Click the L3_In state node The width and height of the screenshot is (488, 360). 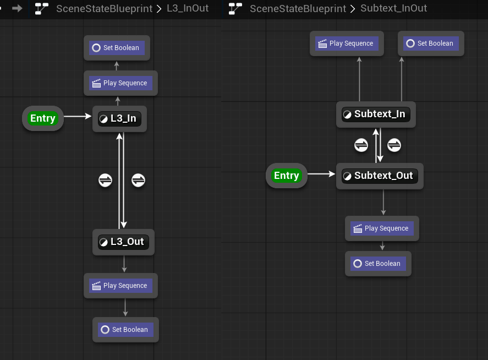(120, 118)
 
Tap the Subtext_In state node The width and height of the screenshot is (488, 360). (376, 114)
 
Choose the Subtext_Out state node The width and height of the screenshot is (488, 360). (380, 176)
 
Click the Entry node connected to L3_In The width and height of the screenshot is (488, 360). (43, 118)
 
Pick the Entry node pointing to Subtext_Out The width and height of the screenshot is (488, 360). (286, 176)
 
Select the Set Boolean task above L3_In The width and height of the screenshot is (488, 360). (117, 48)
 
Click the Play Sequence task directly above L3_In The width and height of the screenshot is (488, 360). (120, 83)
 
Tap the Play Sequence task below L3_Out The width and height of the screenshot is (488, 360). (120, 286)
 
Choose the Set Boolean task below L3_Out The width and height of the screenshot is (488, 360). (125, 330)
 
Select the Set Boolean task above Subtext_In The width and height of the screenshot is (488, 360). (431, 43)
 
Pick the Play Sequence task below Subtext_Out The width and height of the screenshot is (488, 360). (382, 228)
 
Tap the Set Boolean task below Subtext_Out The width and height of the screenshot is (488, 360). (378, 264)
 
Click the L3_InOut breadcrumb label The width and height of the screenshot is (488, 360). (188, 9)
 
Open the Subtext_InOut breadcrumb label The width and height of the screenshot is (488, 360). (393, 9)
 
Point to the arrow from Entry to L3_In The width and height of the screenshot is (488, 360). (78, 117)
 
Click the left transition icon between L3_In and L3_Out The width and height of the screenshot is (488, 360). (105, 180)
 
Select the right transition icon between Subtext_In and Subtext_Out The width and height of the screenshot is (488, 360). (394, 145)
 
